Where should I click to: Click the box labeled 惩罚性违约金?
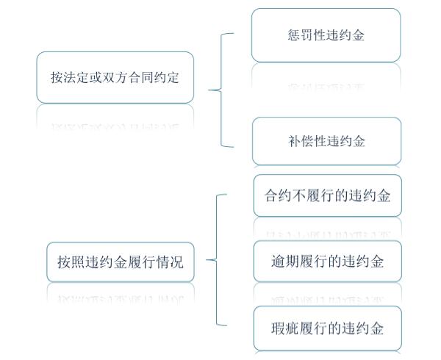(x=326, y=35)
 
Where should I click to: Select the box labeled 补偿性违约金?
(x=326, y=141)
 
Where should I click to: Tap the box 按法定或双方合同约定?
(x=115, y=78)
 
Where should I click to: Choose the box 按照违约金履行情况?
(x=121, y=262)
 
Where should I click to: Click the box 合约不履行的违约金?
(x=328, y=195)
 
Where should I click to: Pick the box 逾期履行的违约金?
(x=328, y=261)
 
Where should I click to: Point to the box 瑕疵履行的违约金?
(x=328, y=328)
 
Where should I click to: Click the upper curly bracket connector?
(x=221, y=90)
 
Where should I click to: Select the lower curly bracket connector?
(x=217, y=260)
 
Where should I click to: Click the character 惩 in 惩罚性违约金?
(x=294, y=35)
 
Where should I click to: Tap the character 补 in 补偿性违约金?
(x=295, y=141)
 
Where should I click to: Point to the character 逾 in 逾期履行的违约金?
(x=278, y=261)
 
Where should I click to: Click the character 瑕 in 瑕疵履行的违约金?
(x=278, y=328)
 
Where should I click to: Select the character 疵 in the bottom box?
(x=293, y=328)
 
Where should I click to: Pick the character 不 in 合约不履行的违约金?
(x=299, y=195)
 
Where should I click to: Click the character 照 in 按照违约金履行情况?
(x=78, y=262)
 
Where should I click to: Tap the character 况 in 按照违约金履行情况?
(x=176, y=262)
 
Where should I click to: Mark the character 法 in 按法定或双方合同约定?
(x=70, y=78)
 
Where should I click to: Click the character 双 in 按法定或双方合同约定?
(x=109, y=78)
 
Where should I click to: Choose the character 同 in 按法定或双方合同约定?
(x=147, y=78)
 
